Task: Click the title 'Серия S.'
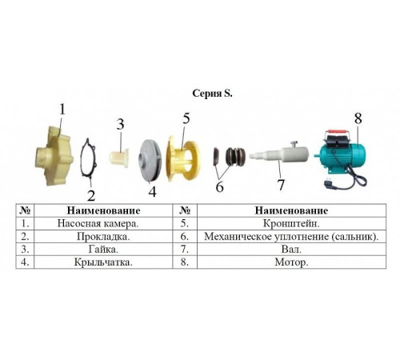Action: pyautogui.click(x=212, y=94)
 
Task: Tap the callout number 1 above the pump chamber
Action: pyautogui.click(x=62, y=110)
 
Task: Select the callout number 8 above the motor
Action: pyautogui.click(x=358, y=118)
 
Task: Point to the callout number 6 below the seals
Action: pyautogui.click(x=219, y=186)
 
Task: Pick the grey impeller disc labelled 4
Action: pyautogui.click(x=149, y=161)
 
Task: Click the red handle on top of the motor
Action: pyautogui.click(x=337, y=131)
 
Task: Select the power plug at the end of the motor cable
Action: pyautogui.click(x=327, y=183)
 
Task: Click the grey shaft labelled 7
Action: pyautogui.click(x=279, y=154)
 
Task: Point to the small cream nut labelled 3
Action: pyautogui.click(x=119, y=158)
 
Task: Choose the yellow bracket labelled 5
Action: pyautogui.click(x=183, y=158)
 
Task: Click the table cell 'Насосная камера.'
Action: pyautogui.click(x=98, y=223)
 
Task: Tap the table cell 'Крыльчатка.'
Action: pyautogui.click(x=103, y=262)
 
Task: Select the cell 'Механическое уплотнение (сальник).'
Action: pyautogui.click(x=291, y=236)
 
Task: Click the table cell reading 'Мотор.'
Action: pyautogui.click(x=291, y=262)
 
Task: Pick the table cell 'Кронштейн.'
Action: pyautogui.click(x=291, y=223)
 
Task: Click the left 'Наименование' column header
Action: pyautogui.click(x=103, y=210)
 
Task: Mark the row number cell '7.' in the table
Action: pyautogui.click(x=185, y=250)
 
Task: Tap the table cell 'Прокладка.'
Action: pyautogui.click(x=103, y=236)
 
